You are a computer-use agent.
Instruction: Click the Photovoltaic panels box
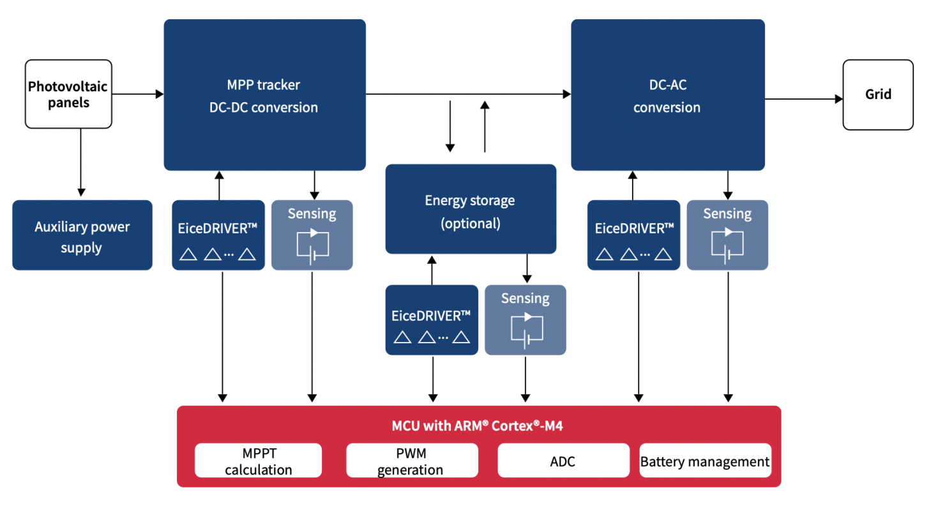pyautogui.click(x=68, y=94)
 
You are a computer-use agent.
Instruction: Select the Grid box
pyautogui.click(x=878, y=95)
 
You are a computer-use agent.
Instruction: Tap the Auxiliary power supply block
pyautogui.click(x=82, y=235)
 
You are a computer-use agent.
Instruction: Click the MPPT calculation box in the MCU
pyautogui.click(x=259, y=461)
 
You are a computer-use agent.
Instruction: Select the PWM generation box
pyautogui.click(x=412, y=461)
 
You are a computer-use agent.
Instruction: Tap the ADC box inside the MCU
pyautogui.click(x=563, y=461)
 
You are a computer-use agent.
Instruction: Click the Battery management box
pyautogui.click(x=705, y=461)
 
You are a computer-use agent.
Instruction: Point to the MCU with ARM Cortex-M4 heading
pyautogui.click(x=477, y=426)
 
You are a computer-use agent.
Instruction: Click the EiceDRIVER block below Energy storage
pyautogui.click(x=432, y=320)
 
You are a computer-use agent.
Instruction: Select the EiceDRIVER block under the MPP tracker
pyautogui.click(x=218, y=235)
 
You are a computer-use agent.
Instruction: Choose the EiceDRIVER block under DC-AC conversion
pyautogui.click(x=633, y=235)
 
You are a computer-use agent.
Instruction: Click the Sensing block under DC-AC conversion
pyautogui.click(x=727, y=235)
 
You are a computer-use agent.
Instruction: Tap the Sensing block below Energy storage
pyautogui.click(x=526, y=320)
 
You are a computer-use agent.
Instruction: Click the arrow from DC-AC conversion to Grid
pyautogui.click(x=803, y=99)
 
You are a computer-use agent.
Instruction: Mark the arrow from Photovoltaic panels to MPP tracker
pyautogui.click(x=137, y=95)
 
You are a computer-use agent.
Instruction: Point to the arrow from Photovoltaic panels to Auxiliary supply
pyautogui.click(x=81, y=163)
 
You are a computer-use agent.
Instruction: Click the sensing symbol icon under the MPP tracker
pyautogui.click(x=312, y=245)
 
